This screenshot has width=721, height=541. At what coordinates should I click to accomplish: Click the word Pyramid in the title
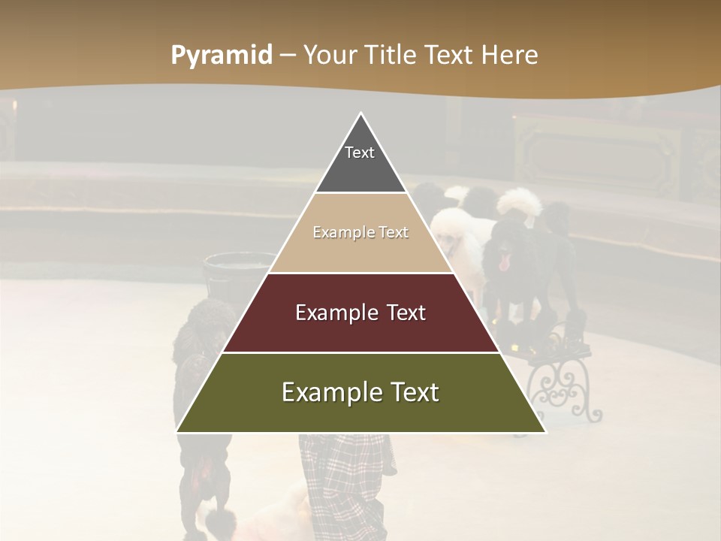tap(222, 56)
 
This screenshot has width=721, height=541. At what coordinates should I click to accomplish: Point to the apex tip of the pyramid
tap(361, 115)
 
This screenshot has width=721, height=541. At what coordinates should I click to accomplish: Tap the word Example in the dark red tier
tap(328, 313)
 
